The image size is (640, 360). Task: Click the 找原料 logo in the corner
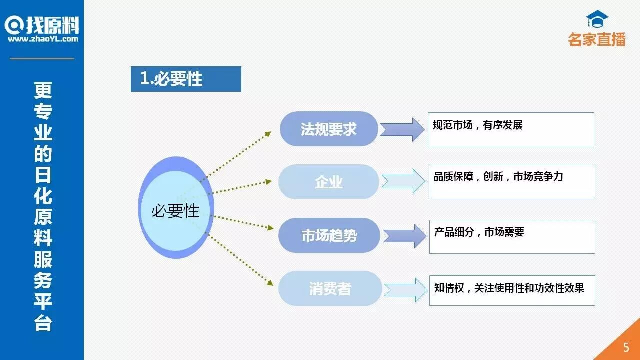(42, 25)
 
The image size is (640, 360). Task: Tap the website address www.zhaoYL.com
(43, 39)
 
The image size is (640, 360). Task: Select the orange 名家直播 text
(597, 39)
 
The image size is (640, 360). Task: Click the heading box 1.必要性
(186, 79)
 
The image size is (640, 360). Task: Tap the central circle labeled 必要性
(175, 211)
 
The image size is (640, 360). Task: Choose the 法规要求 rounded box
(328, 129)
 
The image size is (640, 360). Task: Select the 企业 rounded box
(328, 182)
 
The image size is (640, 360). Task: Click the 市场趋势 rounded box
(329, 235)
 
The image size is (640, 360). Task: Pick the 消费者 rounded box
(330, 288)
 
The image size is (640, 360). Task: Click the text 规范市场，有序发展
(477, 125)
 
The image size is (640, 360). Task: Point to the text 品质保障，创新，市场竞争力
(498, 177)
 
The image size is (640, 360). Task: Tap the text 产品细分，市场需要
(479, 232)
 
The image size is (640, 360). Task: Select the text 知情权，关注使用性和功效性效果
(509, 288)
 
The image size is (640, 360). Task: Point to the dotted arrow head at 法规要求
(268, 133)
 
